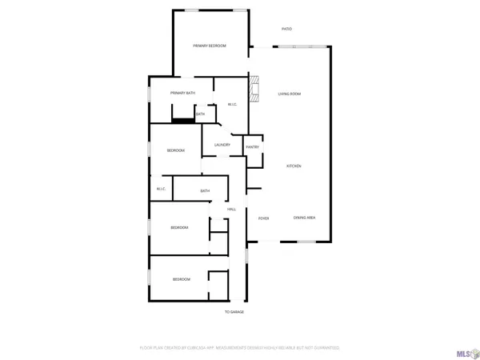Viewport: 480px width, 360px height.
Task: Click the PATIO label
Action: pos(286,29)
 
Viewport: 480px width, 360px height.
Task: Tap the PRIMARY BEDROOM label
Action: pos(210,46)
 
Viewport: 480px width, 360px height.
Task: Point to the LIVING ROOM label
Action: pos(289,94)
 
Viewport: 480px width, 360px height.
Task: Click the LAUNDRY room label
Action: pos(222,145)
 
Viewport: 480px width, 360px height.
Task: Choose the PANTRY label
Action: pos(252,147)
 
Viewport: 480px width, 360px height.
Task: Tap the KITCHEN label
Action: pos(294,166)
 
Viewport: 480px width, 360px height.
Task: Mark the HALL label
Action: pos(231,210)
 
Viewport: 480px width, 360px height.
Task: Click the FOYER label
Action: pos(262,218)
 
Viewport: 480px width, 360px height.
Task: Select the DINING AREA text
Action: pos(303,218)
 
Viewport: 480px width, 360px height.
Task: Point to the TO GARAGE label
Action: pos(234,312)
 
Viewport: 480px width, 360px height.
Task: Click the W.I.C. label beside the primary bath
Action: pos(232,104)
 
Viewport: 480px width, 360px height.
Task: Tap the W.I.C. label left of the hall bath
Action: pos(161,189)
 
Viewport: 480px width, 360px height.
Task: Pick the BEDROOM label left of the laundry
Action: pos(176,150)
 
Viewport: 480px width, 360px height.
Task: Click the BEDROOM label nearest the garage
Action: pos(182,279)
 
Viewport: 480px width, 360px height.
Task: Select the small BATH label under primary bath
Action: pos(200,114)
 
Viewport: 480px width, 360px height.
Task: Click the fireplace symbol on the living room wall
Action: pos(254,89)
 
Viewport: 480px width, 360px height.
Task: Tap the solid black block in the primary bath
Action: pos(183,121)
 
